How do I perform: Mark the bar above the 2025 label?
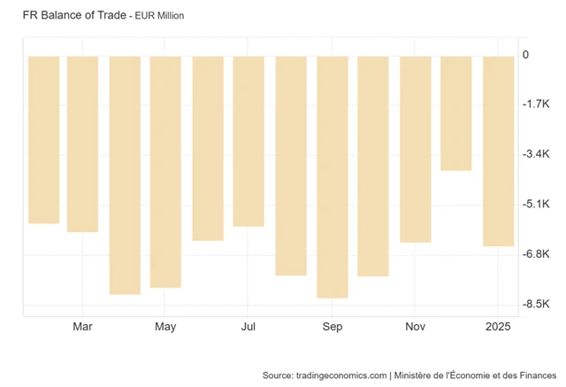499,151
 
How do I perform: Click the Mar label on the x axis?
82,327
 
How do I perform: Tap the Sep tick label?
333,327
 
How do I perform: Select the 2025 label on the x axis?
499,327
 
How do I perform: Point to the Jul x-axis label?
249,327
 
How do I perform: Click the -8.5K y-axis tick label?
536,305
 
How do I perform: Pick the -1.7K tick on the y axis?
536,104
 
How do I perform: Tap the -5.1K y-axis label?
536,205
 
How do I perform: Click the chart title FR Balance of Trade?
72,16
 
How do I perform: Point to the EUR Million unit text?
159,17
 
